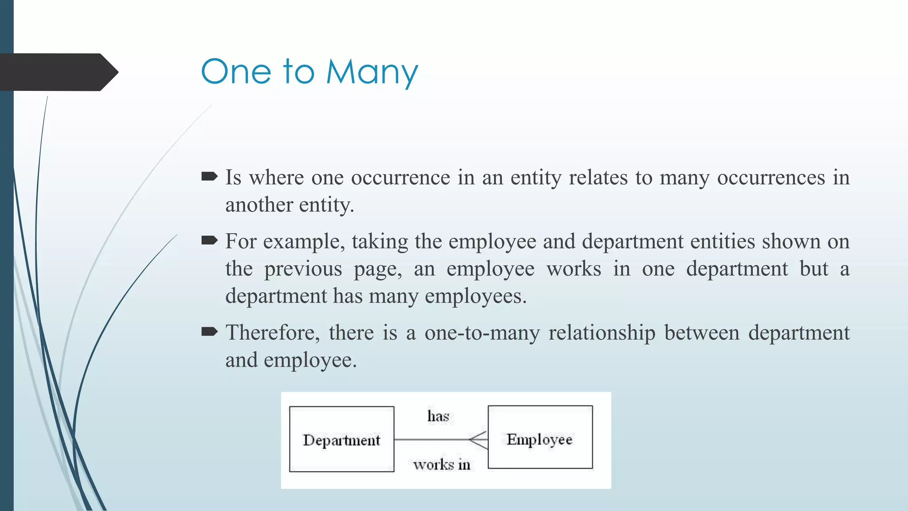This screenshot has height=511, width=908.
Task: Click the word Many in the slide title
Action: tap(372, 72)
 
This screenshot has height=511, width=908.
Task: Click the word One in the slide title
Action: tap(236, 72)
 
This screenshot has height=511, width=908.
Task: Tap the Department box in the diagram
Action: tap(341, 439)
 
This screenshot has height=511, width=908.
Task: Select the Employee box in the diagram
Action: tap(540, 437)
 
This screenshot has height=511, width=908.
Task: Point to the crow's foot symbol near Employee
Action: tap(479, 440)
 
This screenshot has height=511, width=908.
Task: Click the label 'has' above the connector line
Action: tap(438, 416)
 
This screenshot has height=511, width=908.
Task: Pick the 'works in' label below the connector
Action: tap(442, 464)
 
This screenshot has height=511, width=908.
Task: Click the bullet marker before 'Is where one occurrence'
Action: tap(209, 177)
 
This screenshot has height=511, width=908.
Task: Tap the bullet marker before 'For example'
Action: tap(209, 241)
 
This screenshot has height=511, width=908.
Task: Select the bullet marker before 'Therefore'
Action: tap(209, 332)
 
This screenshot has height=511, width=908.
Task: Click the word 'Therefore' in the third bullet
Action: tap(272, 333)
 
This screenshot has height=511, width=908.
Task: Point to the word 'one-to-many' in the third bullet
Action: tap(482, 333)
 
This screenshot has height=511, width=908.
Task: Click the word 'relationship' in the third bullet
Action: tap(602, 333)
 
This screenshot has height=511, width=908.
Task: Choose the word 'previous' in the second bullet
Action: tap(303, 269)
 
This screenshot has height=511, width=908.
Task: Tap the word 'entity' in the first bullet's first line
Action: tap(536, 178)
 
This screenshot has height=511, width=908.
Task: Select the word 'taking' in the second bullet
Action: tap(380, 242)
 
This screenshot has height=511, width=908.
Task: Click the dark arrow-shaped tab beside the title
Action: tap(58, 72)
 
